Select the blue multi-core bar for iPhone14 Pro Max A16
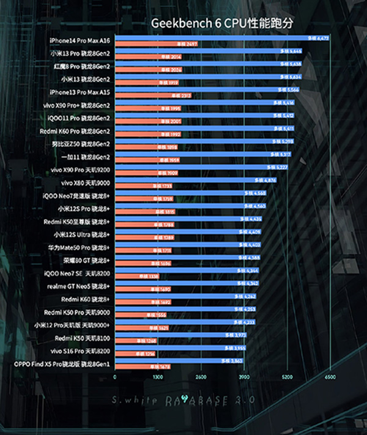coord(220,38)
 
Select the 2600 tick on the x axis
coord(201,378)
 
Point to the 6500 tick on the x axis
coord(330,378)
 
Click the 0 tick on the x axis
coord(115,378)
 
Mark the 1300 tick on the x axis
coord(158,378)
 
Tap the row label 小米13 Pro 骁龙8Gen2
coord(80,53)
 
